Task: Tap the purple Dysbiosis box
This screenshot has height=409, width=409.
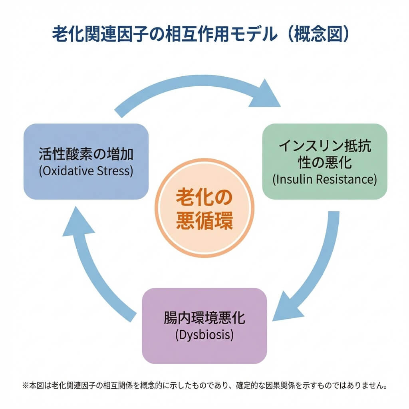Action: pyautogui.click(x=204, y=326)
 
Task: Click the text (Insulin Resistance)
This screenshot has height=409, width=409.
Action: pyautogui.click(x=324, y=179)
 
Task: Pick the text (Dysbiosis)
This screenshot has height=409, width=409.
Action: pyautogui.click(x=204, y=334)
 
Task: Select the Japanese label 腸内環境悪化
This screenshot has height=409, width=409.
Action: pyautogui.click(x=204, y=318)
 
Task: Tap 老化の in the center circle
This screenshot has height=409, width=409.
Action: pyautogui.click(x=204, y=197)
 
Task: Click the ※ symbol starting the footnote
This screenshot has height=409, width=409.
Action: pyautogui.click(x=25, y=386)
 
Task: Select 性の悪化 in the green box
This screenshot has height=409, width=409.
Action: pyautogui.click(x=324, y=163)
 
